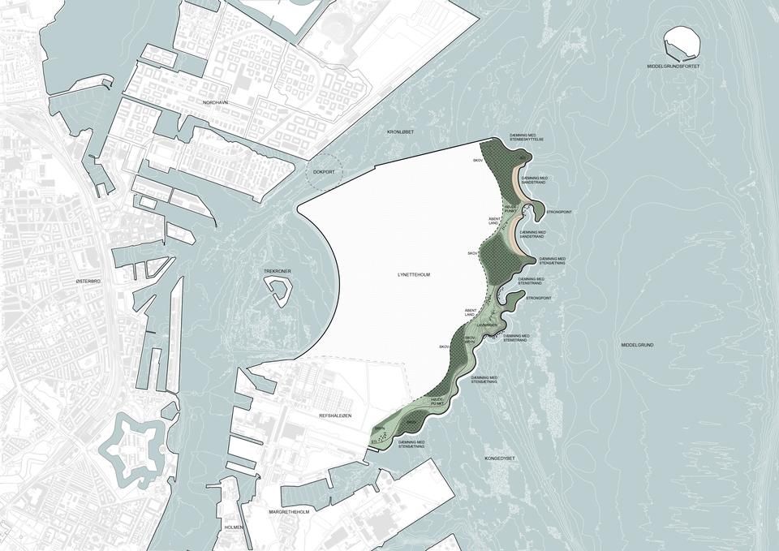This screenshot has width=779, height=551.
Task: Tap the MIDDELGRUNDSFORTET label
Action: coord(680,66)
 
